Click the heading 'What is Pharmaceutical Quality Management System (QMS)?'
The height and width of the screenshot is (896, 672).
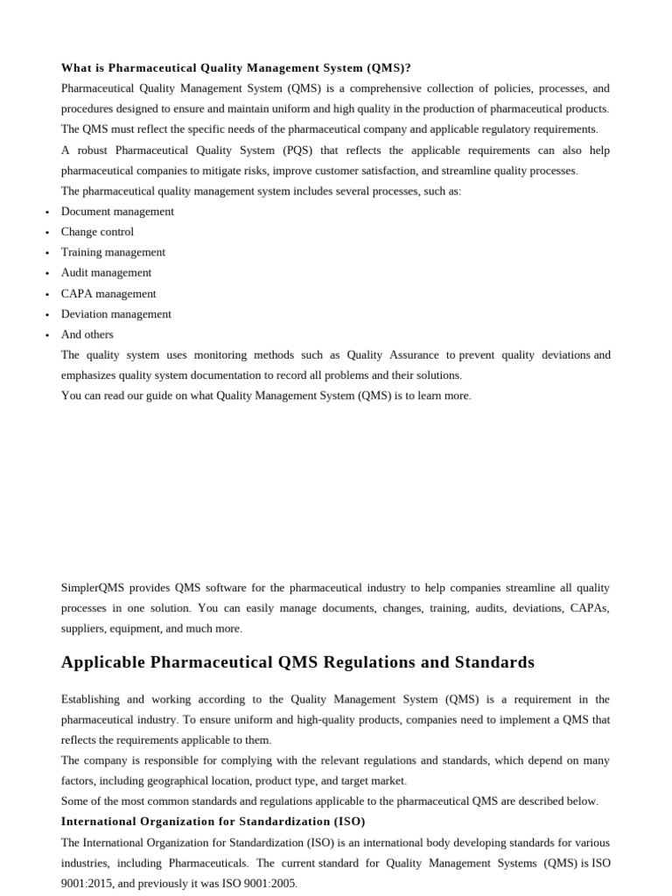click(235, 68)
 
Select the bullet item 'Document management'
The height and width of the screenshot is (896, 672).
click(117, 212)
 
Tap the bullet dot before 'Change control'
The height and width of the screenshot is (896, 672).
click(46, 233)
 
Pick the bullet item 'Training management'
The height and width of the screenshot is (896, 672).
click(113, 253)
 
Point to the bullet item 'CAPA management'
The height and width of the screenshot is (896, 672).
click(108, 294)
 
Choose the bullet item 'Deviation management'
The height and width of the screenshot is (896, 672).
click(116, 314)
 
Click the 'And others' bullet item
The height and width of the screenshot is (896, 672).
click(87, 334)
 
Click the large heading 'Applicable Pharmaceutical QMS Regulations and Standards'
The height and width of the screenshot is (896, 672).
click(297, 662)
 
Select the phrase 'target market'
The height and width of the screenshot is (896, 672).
click(372, 780)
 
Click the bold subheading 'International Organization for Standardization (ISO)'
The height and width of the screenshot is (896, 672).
click(213, 822)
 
